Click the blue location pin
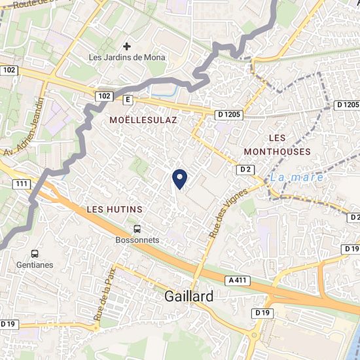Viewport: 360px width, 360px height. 179,177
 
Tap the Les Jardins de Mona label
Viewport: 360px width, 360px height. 127,58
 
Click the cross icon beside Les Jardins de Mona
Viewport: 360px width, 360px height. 127,46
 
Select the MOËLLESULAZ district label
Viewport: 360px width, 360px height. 143,120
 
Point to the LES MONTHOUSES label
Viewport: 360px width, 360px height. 277,145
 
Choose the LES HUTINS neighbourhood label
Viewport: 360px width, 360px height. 115,209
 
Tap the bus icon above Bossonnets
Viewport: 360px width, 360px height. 137,229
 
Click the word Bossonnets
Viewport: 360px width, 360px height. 137,240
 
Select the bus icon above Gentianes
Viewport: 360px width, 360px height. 34,253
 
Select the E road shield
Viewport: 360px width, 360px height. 128,99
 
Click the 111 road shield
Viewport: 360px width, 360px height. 22,185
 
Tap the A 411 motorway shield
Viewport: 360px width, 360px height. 240,280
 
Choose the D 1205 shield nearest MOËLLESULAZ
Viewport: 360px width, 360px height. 230,115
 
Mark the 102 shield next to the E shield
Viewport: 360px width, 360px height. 103,96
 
